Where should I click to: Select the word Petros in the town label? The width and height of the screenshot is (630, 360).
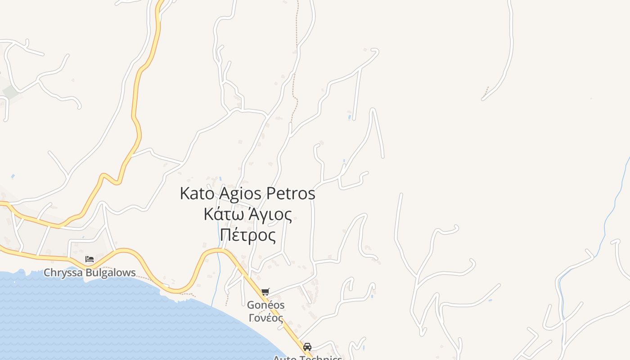(x=291, y=193)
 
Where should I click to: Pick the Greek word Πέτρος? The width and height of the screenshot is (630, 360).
(x=248, y=235)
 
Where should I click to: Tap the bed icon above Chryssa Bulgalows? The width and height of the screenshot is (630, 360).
(x=90, y=259)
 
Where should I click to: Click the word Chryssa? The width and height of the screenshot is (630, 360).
(x=63, y=273)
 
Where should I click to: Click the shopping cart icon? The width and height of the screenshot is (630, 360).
(x=265, y=292)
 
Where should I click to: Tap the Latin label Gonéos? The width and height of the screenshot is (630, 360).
(x=265, y=305)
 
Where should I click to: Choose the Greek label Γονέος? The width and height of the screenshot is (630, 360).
(x=265, y=318)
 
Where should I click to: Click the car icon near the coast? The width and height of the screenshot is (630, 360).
(x=307, y=347)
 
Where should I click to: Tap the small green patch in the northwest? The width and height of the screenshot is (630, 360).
(x=10, y=92)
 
